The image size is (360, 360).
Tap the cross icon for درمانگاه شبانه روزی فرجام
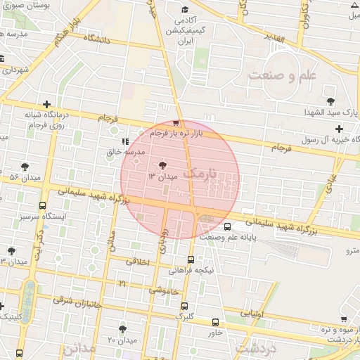pyautogui.click(x=46, y=104)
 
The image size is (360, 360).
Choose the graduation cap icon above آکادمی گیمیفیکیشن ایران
pyautogui.click(x=184, y=10)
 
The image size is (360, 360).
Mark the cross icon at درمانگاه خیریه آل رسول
pyautogui.click(x=339, y=129)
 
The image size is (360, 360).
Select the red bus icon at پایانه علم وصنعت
pyautogui.click(x=227, y=227)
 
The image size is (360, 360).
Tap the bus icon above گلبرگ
pyautogui.click(x=184, y=307)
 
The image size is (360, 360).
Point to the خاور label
pyautogui.click(x=215, y=333)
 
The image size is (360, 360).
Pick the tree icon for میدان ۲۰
pyautogui.click(x=123, y=330)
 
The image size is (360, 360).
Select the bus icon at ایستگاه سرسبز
pyautogui.click(x=44, y=207)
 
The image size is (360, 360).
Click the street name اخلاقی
pyautogui.click(x=138, y=261)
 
